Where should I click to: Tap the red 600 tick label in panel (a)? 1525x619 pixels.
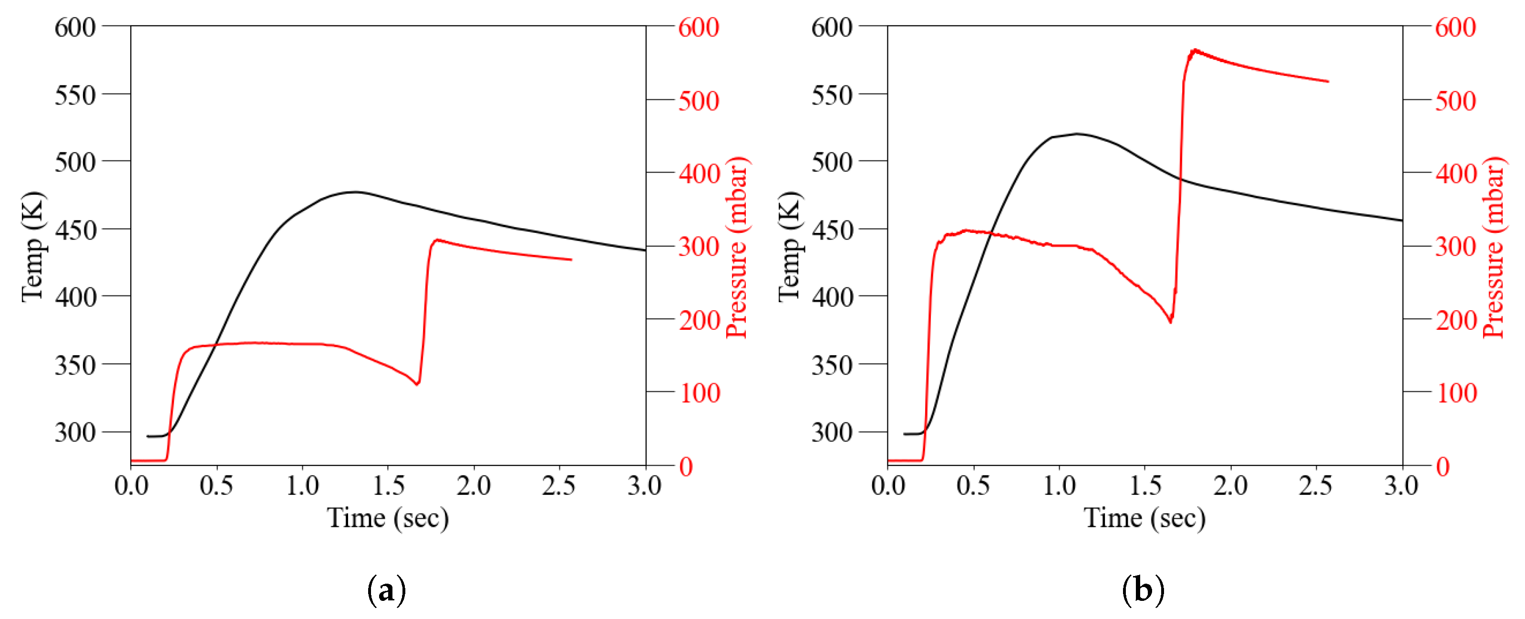pyautogui.click(x=699, y=27)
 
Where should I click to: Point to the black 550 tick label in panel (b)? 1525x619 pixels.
pyautogui.click(x=832, y=95)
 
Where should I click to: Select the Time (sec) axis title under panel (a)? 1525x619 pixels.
pyautogui.click(x=388, y=518)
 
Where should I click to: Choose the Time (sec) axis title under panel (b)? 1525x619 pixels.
pyautogui.click(x=1144, y=518)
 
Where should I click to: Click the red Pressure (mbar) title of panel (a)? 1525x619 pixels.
pyautogui.click(x=737, y=248)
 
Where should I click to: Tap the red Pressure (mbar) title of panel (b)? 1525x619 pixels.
pyautogui.click(x=1494, y=248)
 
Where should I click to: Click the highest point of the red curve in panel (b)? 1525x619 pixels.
pyautogui.click(x=1195, y=50)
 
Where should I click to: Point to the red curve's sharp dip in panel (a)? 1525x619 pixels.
pyautogui.click(x=417, y=384)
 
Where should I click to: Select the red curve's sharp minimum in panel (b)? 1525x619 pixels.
pyautogui.click(x=1170, y=322)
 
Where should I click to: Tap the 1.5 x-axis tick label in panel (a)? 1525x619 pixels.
pyautogui.click(x=388, y=486)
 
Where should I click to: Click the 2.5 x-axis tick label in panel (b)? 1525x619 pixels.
pyautogui.click(x=1316, y=486)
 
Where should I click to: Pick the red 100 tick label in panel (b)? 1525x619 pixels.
pyautogui.click(x=1457, y=393)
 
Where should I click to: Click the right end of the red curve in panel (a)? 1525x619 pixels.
pyautogui.click(x=571, y=260)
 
